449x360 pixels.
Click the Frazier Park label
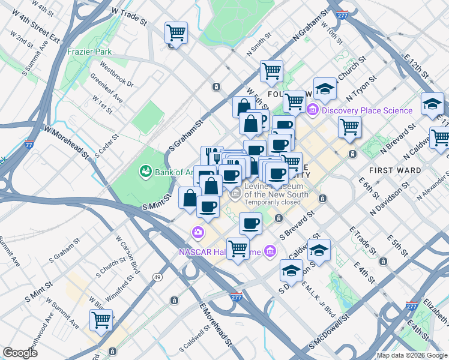(88, 52)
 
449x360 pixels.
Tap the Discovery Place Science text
(367, 110)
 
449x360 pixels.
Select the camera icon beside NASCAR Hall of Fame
(197, 232)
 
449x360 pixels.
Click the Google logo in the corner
(20, 353)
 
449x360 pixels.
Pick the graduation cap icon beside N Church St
(325, 89)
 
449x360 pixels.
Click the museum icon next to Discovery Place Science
(312, 110)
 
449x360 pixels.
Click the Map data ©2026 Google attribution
(411, 355)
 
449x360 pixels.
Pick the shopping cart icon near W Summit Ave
(101, 320)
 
